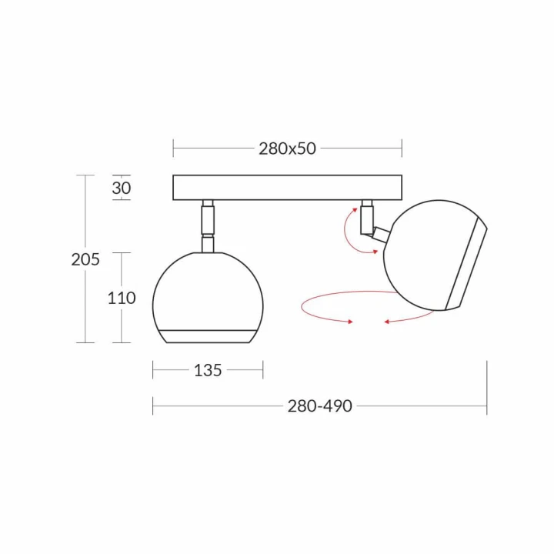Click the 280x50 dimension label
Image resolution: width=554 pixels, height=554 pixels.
[287, 149]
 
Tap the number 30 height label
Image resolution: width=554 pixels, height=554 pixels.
[122, 188]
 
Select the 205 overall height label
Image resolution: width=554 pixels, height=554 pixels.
[85, 260]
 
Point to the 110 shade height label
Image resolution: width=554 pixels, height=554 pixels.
[122, 299]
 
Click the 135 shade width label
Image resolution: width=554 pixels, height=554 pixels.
[208, 370]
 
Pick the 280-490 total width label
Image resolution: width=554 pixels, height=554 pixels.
[320, 406]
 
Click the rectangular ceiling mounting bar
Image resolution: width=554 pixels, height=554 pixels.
[287, 187]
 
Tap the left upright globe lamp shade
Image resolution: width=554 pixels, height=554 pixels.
[208, 298]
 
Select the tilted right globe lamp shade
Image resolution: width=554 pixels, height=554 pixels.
[436, 255]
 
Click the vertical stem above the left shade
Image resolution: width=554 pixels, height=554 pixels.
[208, 226]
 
